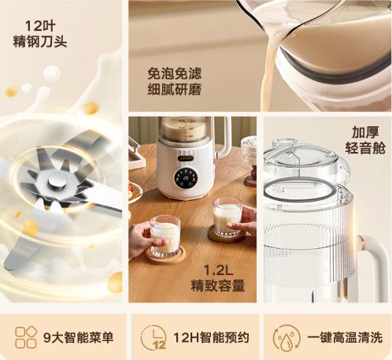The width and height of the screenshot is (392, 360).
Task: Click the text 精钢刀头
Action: [x=40, y=42]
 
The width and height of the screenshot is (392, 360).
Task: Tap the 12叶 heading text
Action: [x=40, y=26]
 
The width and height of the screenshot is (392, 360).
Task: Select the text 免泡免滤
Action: [x=175, y=73]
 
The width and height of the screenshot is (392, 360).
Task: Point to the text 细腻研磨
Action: [x=175, y=90]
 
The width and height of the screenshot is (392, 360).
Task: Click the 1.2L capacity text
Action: [x=218, y=269]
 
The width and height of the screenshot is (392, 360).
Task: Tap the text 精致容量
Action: [x=218, y=286]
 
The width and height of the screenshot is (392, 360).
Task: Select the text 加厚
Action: [x=365, y=132]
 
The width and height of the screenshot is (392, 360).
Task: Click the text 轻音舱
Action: [x=365, y=148]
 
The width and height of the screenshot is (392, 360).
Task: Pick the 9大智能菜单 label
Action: [x=79, y=337]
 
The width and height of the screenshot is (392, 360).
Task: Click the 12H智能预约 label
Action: [x=211, y=337]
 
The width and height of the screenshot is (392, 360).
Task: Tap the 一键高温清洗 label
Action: [x=345, y=337]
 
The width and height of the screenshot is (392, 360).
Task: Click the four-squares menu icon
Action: [x=26, y=337]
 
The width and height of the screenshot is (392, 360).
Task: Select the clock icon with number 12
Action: [x=153, y=338]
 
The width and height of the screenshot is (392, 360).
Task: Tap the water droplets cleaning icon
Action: [x=287, y=338]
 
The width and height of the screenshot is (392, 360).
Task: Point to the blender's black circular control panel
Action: [x=186, y=179]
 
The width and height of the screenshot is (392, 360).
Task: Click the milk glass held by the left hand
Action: [x=165, y=236]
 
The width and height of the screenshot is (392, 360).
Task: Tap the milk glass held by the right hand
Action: [x=227, y=217]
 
